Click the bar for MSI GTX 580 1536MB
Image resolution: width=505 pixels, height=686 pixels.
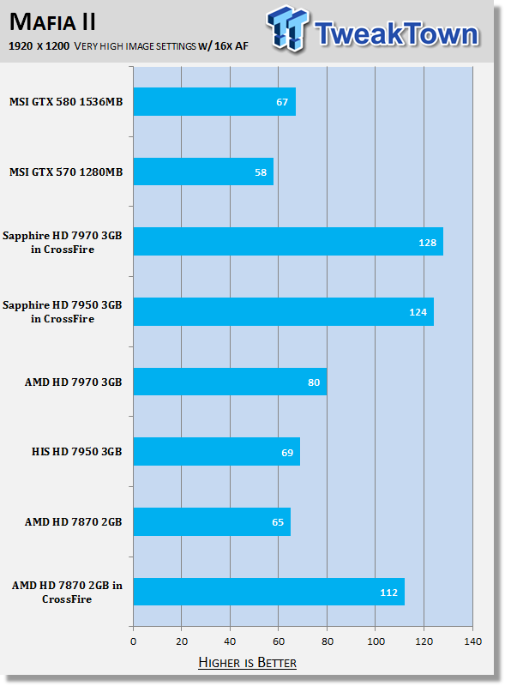coord(214,101)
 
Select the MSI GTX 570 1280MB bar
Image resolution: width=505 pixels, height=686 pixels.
coord(203,171)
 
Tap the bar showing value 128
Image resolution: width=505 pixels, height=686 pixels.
coord(288,242)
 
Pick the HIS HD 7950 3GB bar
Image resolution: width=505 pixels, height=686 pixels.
coord(217,452)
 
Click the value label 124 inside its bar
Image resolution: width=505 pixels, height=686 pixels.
coord(418,312)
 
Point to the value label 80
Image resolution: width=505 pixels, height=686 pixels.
coord(314,382)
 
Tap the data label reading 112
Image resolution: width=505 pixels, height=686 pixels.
coord(388,593)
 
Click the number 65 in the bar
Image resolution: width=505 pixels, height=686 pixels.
coord(278,522)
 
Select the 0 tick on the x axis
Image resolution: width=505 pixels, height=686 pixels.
coord(134,641)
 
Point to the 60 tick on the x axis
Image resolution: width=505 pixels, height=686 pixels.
coord(279,641)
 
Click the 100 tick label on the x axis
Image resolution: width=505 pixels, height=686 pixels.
coord(376,641)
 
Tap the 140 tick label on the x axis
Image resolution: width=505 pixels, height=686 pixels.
coord(472,641)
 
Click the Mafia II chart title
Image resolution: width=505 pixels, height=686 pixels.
coord(52,22)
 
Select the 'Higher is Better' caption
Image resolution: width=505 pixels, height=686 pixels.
coord(247,662)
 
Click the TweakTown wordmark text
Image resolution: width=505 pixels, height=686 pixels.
coord(396,33)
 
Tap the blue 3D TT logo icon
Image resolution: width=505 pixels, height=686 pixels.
coord(287,28)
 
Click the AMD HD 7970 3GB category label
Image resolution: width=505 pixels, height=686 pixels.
coord(73,382)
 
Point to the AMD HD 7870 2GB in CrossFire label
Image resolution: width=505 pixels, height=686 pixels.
coord(67,592)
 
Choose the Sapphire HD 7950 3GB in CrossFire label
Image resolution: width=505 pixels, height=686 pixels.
coord(62,311)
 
